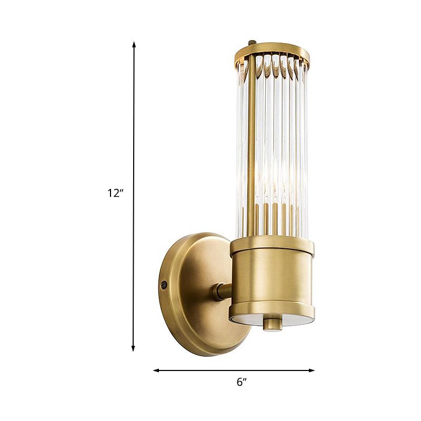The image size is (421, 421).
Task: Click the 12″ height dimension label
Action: tap(115, 193)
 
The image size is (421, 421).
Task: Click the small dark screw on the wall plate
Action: tap(164, 285)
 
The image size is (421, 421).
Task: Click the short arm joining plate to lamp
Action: tap(222, 291)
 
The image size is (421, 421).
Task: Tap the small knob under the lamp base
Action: tap(273, 323)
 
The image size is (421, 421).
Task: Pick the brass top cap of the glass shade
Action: tap(273, 51)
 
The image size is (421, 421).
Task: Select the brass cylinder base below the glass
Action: tap(272, 279)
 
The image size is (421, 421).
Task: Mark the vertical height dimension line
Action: tap(134, 132)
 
